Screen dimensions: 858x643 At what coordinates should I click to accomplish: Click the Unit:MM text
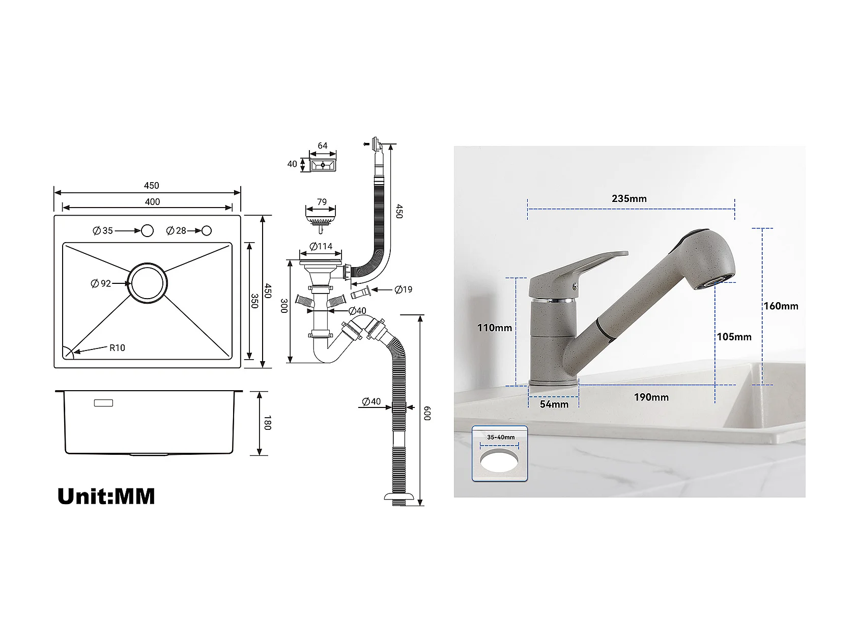click(x=106, y=496)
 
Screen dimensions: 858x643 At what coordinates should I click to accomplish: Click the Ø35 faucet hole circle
click(x=147, y=230)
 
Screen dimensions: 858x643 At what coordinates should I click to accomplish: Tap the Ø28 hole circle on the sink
click(x=207, y=230)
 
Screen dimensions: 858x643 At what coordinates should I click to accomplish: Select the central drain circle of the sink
click(x=147, y=283)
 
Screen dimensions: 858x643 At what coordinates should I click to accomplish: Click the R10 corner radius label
click(x=117, y=348)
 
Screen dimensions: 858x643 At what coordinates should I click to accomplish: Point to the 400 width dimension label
click(x=152, y=202)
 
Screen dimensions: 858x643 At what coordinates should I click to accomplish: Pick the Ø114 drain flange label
click(x=321, y=247)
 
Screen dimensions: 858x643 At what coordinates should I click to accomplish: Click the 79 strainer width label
click(x=322, y=202)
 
